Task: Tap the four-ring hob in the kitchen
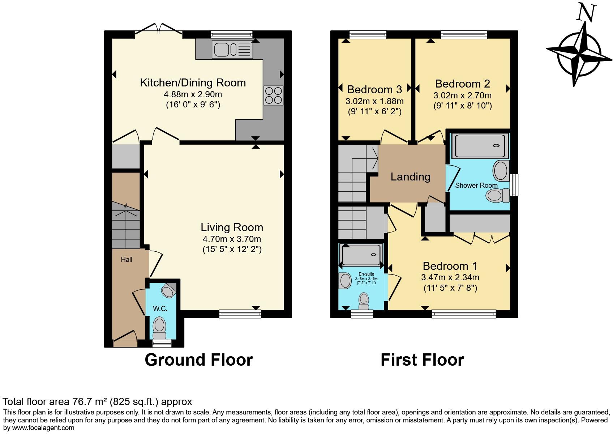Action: [273, 95]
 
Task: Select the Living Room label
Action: [232, 227]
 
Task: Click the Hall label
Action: [127, 259]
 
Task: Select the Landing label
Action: [410, 176]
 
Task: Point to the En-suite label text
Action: [366, 274]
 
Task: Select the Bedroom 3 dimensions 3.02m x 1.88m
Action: [374, 101]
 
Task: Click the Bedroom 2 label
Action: [462, 84]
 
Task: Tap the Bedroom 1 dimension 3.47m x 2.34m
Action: [450, 277]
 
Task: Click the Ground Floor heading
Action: [198, 360]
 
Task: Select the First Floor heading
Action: [422, 360]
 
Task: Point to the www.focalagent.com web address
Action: [39, 428]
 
